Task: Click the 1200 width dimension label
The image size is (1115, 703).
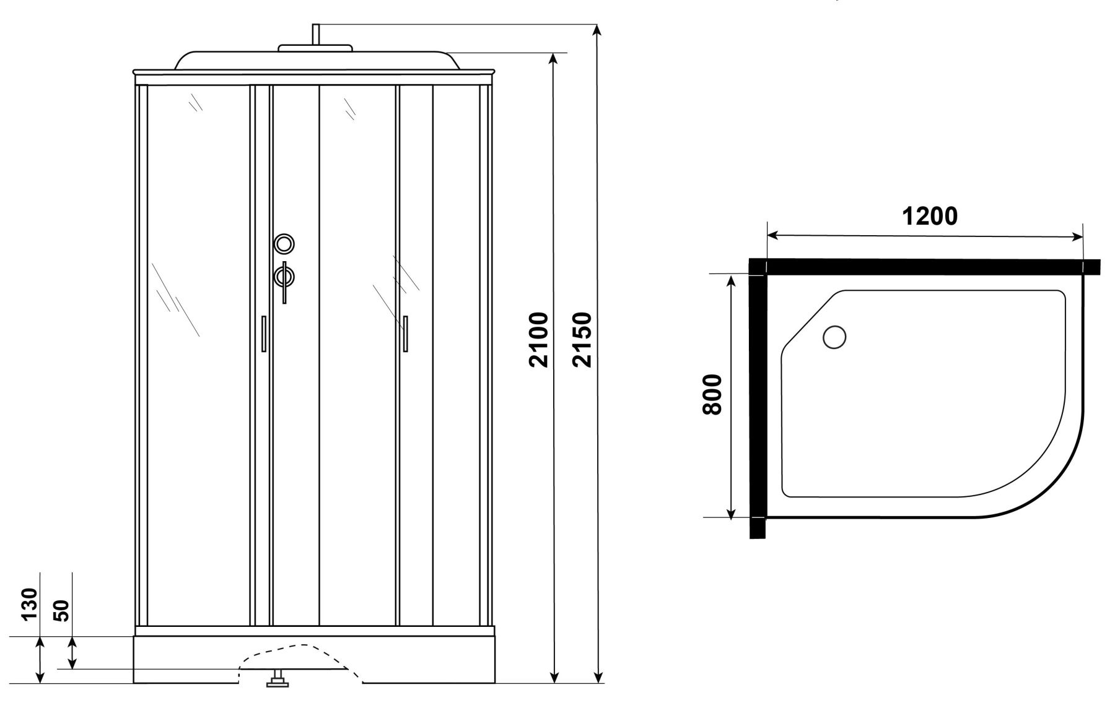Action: point(930,217)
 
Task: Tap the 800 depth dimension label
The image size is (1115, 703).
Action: point(713,395)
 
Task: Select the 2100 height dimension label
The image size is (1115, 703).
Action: point(540,340)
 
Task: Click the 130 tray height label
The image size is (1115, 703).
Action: point(30,603)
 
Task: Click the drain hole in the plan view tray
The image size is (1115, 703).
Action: point(834,337)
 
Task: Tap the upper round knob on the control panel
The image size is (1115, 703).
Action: point(284,244)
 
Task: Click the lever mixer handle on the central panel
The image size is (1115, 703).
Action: point(284,282)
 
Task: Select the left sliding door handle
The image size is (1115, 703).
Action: point(263,334)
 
